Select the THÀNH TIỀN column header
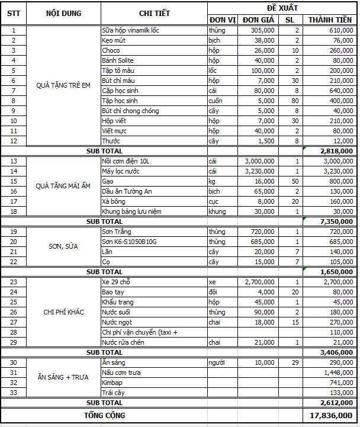coord(329,20)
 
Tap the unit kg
coord(212,181)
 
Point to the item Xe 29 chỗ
coord(116,282)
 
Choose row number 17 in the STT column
coord(14,201)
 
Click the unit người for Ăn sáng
coord(217,362)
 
